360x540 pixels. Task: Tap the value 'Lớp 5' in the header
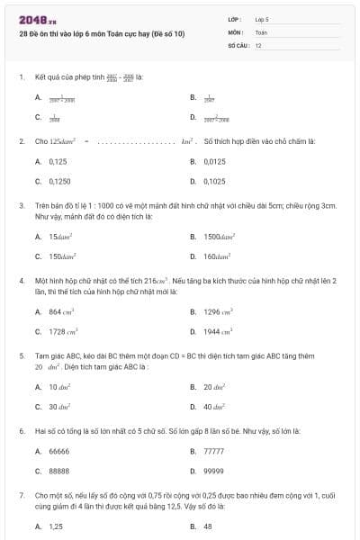click(262, 19)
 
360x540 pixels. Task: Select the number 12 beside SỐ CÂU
click(258, 44)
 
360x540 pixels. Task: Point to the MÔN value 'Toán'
click(261, 31)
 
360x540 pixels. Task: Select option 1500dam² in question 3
click(219, 237)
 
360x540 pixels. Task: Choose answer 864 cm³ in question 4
click(60, 311)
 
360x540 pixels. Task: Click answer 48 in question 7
click(208, 526)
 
